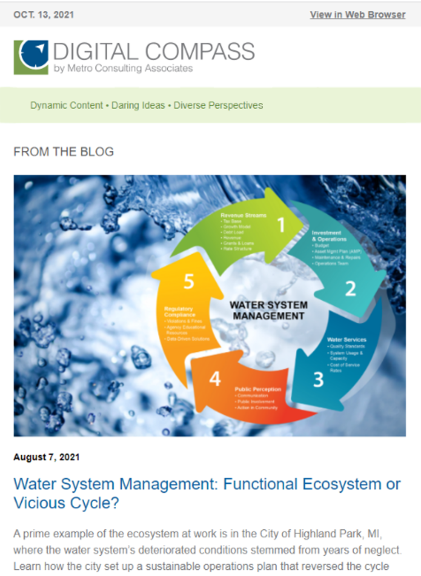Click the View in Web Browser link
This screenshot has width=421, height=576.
pos(357,15)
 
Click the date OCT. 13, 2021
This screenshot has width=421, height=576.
pos(43,15)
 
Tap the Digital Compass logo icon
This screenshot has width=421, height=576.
pos(31,57)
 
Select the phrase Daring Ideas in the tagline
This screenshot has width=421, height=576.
pos(138,105)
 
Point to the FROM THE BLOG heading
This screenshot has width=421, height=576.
pos(64,152)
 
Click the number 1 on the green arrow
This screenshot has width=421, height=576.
pos(281,225)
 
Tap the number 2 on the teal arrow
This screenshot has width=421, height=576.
pos(350,289)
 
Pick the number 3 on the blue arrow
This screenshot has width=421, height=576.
pos(318,380)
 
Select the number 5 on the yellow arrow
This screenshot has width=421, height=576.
pos(189,281)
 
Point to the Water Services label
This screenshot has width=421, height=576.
pos(347,340)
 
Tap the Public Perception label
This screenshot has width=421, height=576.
pos(259,389)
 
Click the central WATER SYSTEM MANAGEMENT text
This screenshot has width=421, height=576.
pos(269,310)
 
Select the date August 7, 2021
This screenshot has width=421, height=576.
pos(47,457)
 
